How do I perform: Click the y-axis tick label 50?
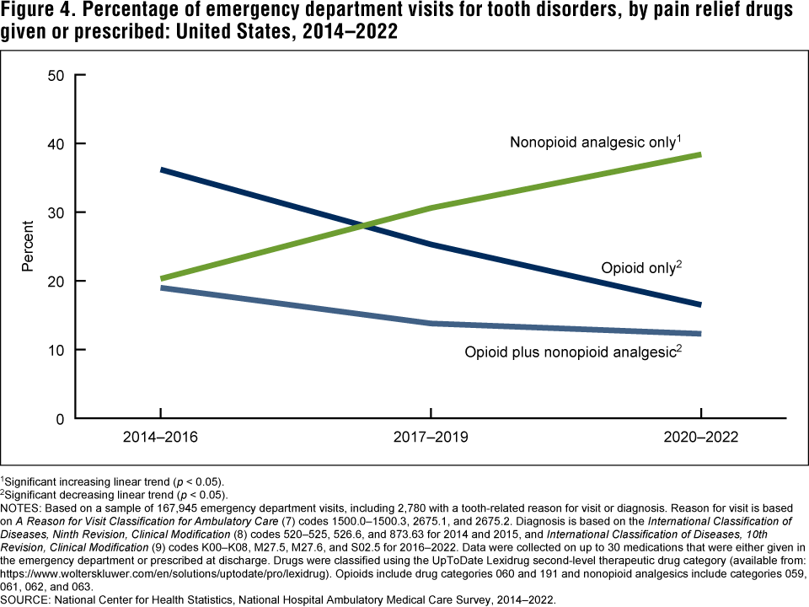click(57, 75)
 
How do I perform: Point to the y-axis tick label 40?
click(57, 143)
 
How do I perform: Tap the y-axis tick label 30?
click(57, 212)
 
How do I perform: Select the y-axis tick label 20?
click(57, 281)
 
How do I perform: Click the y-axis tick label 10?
click(57, 350)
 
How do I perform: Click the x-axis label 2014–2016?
click(160, 438)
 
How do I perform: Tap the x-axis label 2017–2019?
click(431, 438)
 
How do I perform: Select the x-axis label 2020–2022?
click(701, 438)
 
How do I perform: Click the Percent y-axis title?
click(28, 246)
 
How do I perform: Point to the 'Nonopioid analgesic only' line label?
click(594, 142)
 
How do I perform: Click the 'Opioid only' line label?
click(639, 269)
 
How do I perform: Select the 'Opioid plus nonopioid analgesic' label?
click(571, 352)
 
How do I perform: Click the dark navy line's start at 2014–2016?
click(160, 170)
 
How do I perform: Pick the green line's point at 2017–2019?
click(431, 207)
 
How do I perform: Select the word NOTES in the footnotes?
click(21, 508)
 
